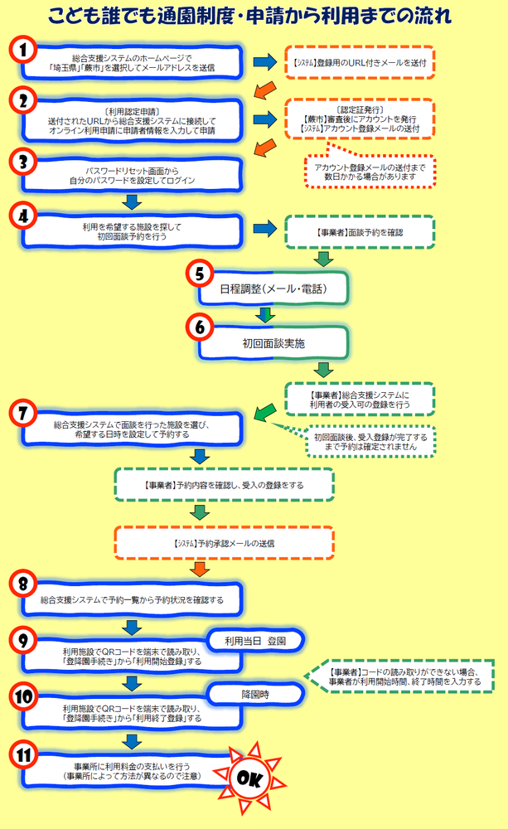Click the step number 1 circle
point(27,51)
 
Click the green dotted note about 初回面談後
point(370,442)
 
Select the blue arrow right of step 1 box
point(264,61)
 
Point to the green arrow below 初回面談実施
point(323,369)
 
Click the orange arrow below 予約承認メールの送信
point(199,568)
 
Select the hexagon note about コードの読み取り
point(404,676)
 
